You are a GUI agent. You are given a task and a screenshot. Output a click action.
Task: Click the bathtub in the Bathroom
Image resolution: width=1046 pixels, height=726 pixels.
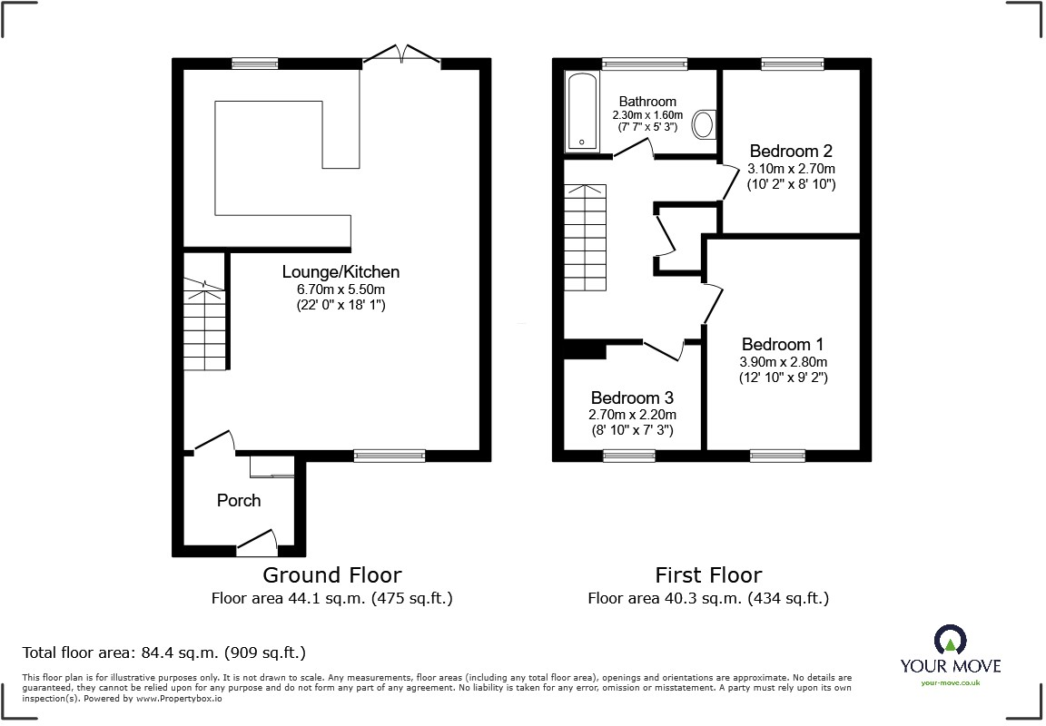coord(582,113)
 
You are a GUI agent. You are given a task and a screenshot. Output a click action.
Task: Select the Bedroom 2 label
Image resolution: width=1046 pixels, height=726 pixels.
coord(790,151)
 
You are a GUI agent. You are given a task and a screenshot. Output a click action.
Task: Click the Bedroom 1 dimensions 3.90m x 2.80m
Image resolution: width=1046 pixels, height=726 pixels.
coord(783,361)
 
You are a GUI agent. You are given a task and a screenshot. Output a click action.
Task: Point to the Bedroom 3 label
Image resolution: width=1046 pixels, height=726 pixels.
coord(632,397)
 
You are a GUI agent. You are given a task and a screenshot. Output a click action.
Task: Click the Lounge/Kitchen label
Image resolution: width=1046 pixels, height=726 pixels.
coord(340,271)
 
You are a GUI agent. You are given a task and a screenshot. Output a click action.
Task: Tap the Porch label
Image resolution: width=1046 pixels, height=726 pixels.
coord(239,500)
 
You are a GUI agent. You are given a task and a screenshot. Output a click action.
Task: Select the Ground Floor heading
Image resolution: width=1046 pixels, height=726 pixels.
coord(331,574)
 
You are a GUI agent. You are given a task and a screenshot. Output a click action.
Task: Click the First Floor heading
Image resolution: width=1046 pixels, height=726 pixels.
coord(708,574)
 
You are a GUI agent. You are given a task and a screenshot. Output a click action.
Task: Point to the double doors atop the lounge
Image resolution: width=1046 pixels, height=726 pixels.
coord(400,55)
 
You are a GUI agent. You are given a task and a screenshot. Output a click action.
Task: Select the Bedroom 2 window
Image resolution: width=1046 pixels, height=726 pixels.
coord(792,64)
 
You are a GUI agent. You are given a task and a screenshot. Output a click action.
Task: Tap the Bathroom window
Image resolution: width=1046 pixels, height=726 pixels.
coord(645,64)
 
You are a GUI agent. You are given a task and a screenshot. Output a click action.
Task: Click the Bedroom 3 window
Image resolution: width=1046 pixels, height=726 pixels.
coord(628,456)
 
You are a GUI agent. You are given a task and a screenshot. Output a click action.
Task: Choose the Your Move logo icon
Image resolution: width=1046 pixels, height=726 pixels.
coord(950,641)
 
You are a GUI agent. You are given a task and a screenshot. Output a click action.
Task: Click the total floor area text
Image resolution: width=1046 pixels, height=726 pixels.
coord(163,652)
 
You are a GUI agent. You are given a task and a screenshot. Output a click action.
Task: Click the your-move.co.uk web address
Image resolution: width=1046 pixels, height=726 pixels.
coord(950,682)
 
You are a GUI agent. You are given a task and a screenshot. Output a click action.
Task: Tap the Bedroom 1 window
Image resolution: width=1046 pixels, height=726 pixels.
coord(777,456)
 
